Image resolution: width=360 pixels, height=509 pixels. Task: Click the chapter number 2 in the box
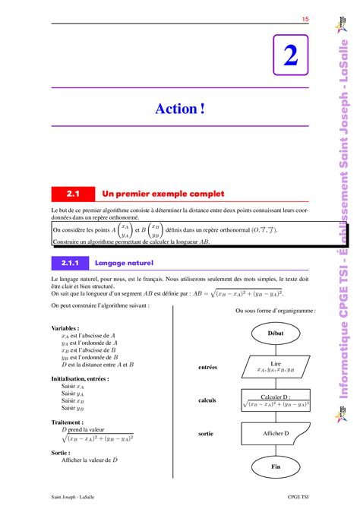291,57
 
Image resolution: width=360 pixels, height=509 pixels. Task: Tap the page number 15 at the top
305,19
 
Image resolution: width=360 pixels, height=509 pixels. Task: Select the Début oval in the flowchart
275,333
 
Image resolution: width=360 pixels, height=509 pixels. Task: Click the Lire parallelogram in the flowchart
275,367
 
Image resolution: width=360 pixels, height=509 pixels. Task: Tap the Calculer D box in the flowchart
275,400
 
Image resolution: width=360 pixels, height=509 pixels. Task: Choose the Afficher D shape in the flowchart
275,434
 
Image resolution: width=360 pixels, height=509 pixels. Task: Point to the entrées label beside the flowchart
207,367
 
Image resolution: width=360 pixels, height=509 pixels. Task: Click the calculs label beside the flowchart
207,400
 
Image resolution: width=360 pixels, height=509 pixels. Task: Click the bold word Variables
67,328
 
